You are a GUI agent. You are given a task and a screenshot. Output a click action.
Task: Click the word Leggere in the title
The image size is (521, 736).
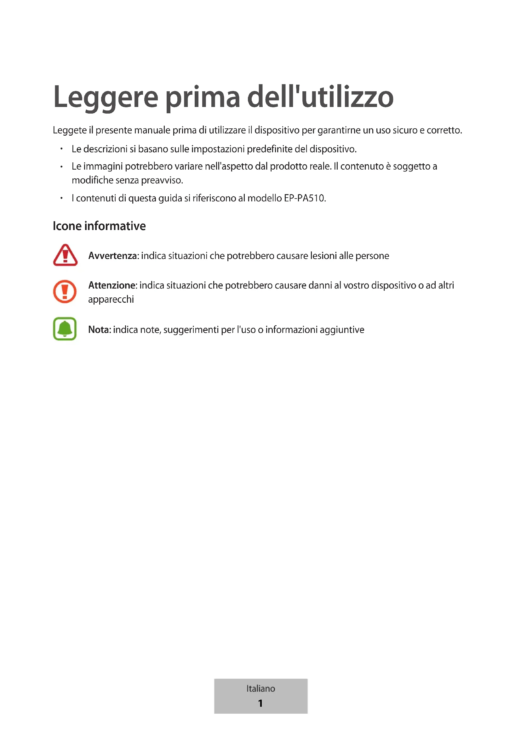(x=106, y=98)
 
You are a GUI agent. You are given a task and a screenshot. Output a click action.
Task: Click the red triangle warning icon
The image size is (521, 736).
(x=65, y=255)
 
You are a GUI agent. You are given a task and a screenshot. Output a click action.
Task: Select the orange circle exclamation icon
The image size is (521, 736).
(x=65, y=291)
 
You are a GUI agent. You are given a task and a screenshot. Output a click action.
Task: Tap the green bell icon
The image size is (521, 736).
(x=65, y=329)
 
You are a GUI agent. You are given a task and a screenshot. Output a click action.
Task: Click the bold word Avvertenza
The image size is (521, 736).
(x=112, y=256)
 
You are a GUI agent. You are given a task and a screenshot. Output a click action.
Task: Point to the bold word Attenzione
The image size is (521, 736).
(x=112, y=285)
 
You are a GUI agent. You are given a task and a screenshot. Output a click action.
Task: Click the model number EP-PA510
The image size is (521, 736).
(x=305, y=198)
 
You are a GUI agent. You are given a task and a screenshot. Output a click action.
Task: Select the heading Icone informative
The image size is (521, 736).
(x=99, y=226)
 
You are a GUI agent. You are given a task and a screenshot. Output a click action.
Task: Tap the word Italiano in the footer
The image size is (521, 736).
(x=260, y=688)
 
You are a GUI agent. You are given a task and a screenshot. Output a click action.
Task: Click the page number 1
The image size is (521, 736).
(x=260, y=703)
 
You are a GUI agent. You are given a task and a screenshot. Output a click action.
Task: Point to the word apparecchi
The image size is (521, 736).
(x=111, y=299)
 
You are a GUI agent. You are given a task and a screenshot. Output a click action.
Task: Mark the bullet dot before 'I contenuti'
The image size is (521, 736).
(x=61, y=198)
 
